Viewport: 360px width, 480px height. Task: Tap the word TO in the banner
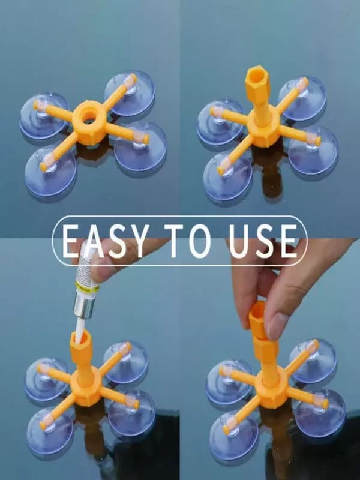coord(188,241)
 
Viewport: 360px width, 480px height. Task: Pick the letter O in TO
coord(200,241)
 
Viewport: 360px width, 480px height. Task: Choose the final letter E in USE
coord(288,241)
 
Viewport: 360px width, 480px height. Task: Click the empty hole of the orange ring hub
coord(89,116)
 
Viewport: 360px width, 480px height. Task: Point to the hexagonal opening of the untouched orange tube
coord(257,74)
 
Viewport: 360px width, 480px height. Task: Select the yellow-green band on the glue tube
coord(87,287)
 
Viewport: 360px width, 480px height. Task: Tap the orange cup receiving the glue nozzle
coord(81,342)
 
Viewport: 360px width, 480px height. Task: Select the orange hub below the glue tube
coord(86,386)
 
